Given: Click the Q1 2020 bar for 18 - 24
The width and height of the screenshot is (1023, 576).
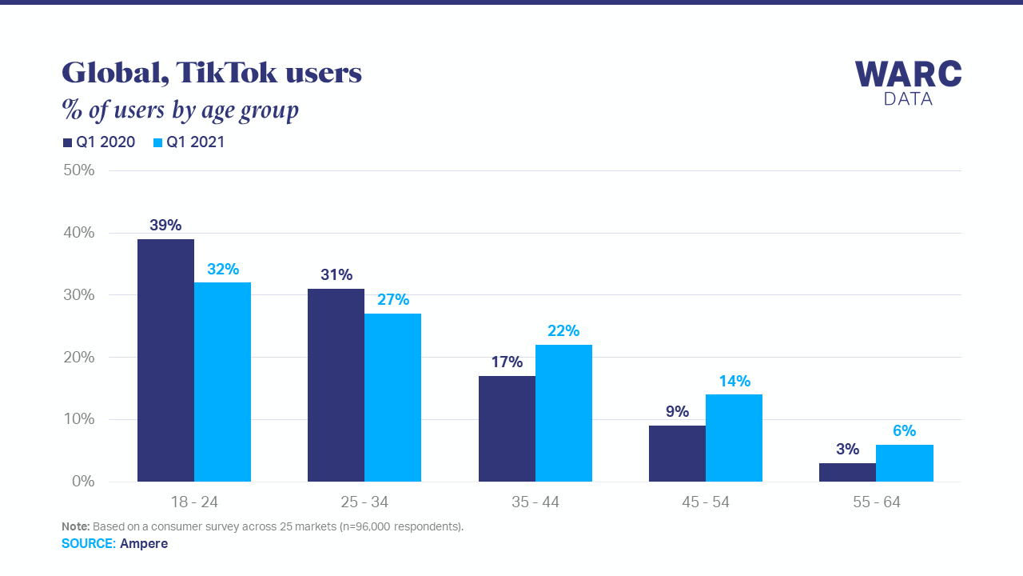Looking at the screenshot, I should pyautogui.click(x=165, y=360).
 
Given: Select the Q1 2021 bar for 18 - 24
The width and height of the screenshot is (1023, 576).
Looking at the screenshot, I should pyautogui.click(x=222, y=382).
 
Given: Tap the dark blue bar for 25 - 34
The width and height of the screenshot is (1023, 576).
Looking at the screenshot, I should pyautogui.click(x=336, y=385).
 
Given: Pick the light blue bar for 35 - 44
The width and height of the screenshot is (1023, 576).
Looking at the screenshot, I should pyautogui.click(x=563, y=413).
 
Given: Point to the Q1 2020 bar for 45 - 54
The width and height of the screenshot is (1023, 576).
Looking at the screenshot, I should pyautogui.click(x=677, y=454).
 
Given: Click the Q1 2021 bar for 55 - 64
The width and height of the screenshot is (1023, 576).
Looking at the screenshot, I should pyautogui.click(x=904, y=463).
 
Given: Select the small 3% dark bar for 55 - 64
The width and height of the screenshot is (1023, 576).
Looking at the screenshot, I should pyautogui.click(x=847, y=472).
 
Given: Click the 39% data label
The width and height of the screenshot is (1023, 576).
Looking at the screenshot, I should pyautogui.click(x=165, y=226).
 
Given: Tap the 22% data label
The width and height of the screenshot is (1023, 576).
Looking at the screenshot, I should pyautogui.click(x=563, y=331).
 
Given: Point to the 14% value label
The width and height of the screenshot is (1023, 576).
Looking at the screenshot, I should pyautogui.click(x=734, y=382).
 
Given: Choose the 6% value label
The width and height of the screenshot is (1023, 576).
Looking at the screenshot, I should pyautogui.click(x=904, y=431).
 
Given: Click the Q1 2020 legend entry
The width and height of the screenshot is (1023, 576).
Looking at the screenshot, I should pyautogui.click(x=99, y=142).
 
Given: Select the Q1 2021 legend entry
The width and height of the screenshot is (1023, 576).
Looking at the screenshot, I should pyautogui.click(x=189, y=142).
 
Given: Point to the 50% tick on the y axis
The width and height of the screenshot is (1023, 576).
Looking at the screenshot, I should pyautogui.click(x=78, y=170).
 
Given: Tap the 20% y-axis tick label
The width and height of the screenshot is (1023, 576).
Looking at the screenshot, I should pyautogui.click(x=78, y=358).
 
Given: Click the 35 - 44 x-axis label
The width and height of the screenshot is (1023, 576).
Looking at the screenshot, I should pyautogui.click(x=535, y=502).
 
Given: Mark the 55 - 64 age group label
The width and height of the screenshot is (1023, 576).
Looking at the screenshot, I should pyautogui.click(x=876, y=502).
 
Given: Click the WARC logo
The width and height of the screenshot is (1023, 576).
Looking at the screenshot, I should pyautogui.click(x=908, y=82).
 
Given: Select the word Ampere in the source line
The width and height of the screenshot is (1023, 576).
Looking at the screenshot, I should pyautogui.click(x=144, y=543).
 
